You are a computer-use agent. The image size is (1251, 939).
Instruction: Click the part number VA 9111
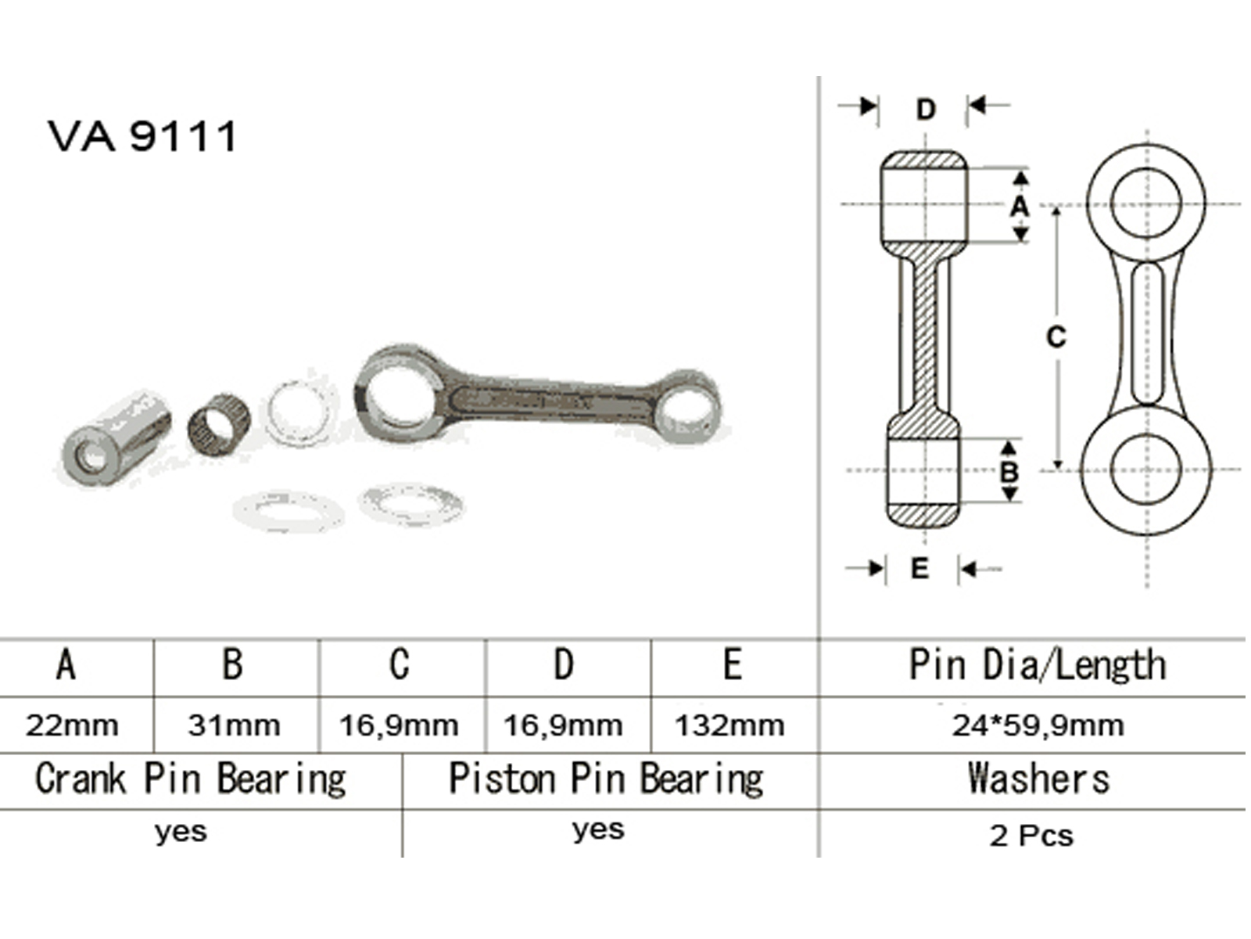coord(142,136)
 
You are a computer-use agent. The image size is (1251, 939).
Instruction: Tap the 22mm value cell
coord(73,726)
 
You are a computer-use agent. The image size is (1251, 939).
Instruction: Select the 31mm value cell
coord(235,726)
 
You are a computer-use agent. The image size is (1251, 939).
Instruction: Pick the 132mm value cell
coord(729,726)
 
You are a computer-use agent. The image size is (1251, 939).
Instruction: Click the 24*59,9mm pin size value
coord(1038,726)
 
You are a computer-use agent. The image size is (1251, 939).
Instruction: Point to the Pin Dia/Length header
coord(1038,665)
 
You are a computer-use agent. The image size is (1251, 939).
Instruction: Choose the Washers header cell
coord(1038,779)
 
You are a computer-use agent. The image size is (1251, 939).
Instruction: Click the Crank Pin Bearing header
coord(191,779)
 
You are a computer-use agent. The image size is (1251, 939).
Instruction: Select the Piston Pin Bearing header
coord(606,779)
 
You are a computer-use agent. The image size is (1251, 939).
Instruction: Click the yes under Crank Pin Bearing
coord(181,833)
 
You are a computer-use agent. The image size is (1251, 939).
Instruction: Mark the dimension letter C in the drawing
coord(1056,337)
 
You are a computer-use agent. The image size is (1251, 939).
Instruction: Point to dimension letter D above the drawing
coord(926,109)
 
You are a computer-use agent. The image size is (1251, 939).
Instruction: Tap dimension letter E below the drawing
coord(919,568)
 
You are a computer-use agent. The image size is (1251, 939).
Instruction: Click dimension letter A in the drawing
coord(1020,206)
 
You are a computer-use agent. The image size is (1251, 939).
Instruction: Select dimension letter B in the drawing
coord(1009,472)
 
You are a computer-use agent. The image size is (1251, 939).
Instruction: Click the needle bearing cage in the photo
coord(220,425)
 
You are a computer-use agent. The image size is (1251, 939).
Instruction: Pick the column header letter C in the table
coord(400,664)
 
